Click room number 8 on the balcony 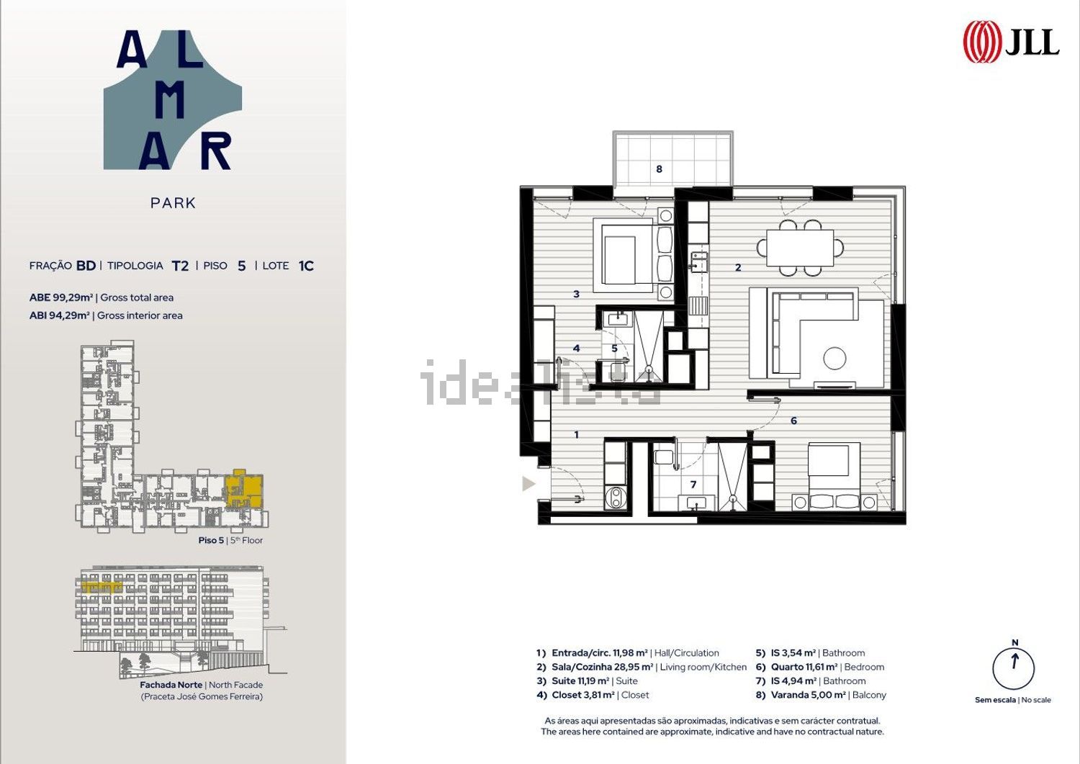tap(659, 168)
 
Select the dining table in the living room tap(800, 248)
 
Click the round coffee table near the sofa tap(834, 359)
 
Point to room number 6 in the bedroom tap(793, 421)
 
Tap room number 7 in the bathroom tap(693, 485)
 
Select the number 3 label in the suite tap(576, 294)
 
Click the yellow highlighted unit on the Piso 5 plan tap(245, 488)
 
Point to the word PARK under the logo tap(173, 203)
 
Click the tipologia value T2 tap(180, 266)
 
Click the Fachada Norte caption tap(171, 684)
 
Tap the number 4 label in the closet tap(576, 349)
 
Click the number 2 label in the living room tap(738, 267)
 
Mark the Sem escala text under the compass tap(995, 700)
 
